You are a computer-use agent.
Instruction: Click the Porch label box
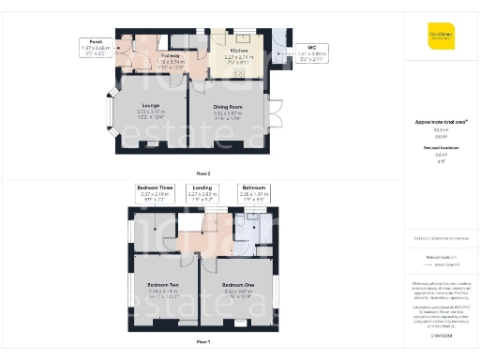96,47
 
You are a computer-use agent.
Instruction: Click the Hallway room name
170,56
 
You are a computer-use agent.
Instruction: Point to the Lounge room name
150,105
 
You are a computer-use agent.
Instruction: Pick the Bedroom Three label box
154,192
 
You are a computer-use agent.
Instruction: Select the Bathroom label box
253,192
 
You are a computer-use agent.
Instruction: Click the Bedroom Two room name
163,284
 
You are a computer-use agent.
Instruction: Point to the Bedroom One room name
237,284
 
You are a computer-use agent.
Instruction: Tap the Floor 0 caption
203,173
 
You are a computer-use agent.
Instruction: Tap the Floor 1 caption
203,342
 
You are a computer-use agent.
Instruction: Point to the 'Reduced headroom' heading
441,148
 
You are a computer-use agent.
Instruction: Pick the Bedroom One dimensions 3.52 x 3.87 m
237,292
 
